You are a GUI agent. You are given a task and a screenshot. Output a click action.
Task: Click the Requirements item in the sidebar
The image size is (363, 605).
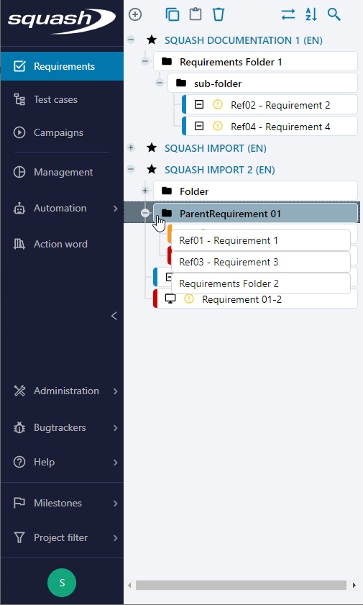[x=62, y=66]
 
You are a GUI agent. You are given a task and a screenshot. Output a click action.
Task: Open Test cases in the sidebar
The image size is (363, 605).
[x=55, y=99]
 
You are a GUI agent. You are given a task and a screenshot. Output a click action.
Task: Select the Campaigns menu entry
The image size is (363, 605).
[x=58, y=133]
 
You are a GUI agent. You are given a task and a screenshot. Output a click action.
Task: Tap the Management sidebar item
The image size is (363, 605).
[x=63, y=172]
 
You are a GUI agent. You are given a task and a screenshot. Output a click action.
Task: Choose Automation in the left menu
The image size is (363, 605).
[x=60, y=209]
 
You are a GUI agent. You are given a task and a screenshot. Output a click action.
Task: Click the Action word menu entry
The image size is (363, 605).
[x=60, y=245]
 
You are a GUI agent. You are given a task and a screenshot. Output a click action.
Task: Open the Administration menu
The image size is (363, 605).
[x=66, y=391]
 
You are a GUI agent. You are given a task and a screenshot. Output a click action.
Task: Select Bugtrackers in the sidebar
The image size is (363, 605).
[x=60, y=428]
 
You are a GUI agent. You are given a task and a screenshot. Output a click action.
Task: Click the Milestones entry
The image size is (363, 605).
[x=58, y=503]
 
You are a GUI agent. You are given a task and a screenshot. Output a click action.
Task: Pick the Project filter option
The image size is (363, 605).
[x=60, y=537]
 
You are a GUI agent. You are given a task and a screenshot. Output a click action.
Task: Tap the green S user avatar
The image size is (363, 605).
[x=62, y=583]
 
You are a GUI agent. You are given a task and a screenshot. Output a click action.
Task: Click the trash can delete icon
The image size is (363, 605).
[x=219, y=14]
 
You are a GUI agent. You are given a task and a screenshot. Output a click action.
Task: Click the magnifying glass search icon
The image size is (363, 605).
[x=334, y=14]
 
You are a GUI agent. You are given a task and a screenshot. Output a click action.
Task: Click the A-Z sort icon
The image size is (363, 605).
[x=311, y=14]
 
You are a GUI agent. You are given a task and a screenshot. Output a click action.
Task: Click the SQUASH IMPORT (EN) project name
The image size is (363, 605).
[x=216, y=148]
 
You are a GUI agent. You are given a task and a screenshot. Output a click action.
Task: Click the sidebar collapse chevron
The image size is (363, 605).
[x=114, y=316]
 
